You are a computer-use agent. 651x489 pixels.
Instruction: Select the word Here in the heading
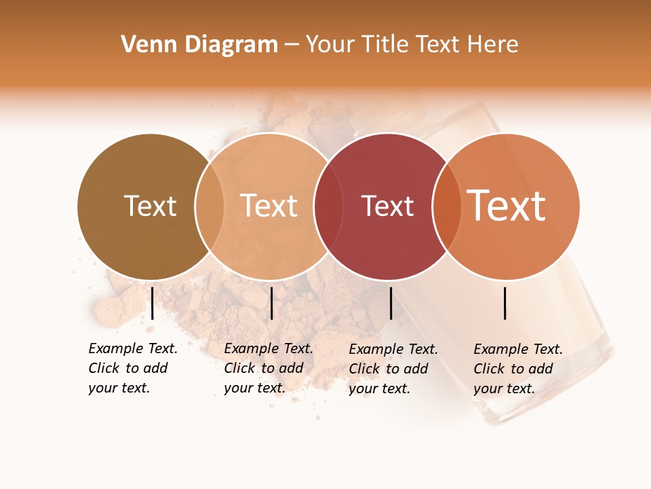tap(494, 45)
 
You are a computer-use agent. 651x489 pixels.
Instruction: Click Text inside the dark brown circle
tap(150, 206)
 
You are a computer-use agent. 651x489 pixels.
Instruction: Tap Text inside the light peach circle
tap(269, 206)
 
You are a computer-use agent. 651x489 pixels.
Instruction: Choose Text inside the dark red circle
tap(387, 206)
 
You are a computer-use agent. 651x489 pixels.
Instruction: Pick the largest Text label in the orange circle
tap(507, 206)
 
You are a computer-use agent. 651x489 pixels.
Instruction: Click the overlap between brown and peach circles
tap(210, 206)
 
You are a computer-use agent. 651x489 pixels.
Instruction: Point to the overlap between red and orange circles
tap(446, 206)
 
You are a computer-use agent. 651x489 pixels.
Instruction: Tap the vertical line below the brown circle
tap(152, 303)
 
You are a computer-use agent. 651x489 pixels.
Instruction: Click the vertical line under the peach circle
tap(271, 303)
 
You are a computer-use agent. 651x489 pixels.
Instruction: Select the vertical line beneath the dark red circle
tap(391, 303)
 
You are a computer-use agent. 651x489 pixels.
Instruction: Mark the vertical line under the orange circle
tap(505, 303)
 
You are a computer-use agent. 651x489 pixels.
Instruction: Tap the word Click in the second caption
tap(239, 368)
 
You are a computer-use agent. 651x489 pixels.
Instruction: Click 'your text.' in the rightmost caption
tap(504, 388)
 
